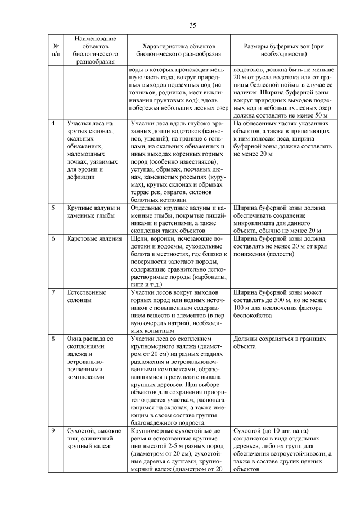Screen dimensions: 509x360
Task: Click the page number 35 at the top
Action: (x=193, y=25)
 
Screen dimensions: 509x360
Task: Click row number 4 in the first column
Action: (x=53, y=123)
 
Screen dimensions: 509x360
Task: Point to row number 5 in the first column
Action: (x=53, y=208)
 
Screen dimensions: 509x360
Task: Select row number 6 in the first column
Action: (x=53, y=239)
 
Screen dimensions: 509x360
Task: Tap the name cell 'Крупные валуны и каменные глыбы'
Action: (x=90, y=212)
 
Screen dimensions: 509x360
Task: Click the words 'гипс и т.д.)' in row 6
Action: (x=148, y=285)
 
